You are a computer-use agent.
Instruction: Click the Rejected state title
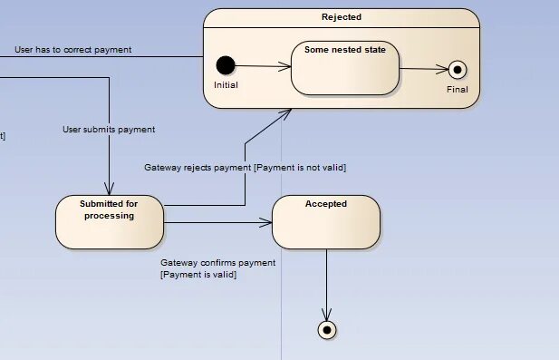pyautogui.click(x=341, y=17)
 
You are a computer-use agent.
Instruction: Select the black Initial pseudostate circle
pyautogui.click(x=226, y=65)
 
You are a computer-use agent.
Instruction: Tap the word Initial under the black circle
pyautogui.click(x=226, y=84)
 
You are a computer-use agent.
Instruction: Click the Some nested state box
pyautogui.click(x=344, y=67)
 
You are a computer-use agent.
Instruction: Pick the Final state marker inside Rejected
pyautogui.click(x=458, y=71)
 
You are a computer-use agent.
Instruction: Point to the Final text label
pyautogui.click(x=458, y=90)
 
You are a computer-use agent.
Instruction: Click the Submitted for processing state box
pyautogui.click(x=109, y=221)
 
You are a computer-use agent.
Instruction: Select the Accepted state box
pyautogui.click(x=326, y=221)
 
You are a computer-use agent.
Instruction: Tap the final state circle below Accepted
pyautogui.click(x=327, y=329)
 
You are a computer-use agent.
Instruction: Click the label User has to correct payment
pyautogui.click(x=72, y=49)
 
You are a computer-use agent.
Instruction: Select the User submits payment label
pyautogui.click(x=109, y=129)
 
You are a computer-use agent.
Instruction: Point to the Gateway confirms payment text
pyautogui.click(x=217, y=262)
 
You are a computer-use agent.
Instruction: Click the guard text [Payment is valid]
pyautogui.click(x=198, y=274)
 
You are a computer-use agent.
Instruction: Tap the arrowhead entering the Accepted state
pyautogui.click(x=267, y=221)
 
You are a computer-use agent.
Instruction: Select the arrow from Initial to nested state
pyautogui.click(x=263, y=65)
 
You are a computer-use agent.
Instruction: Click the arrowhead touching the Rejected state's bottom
pyautogui.click(x=287, y=112)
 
